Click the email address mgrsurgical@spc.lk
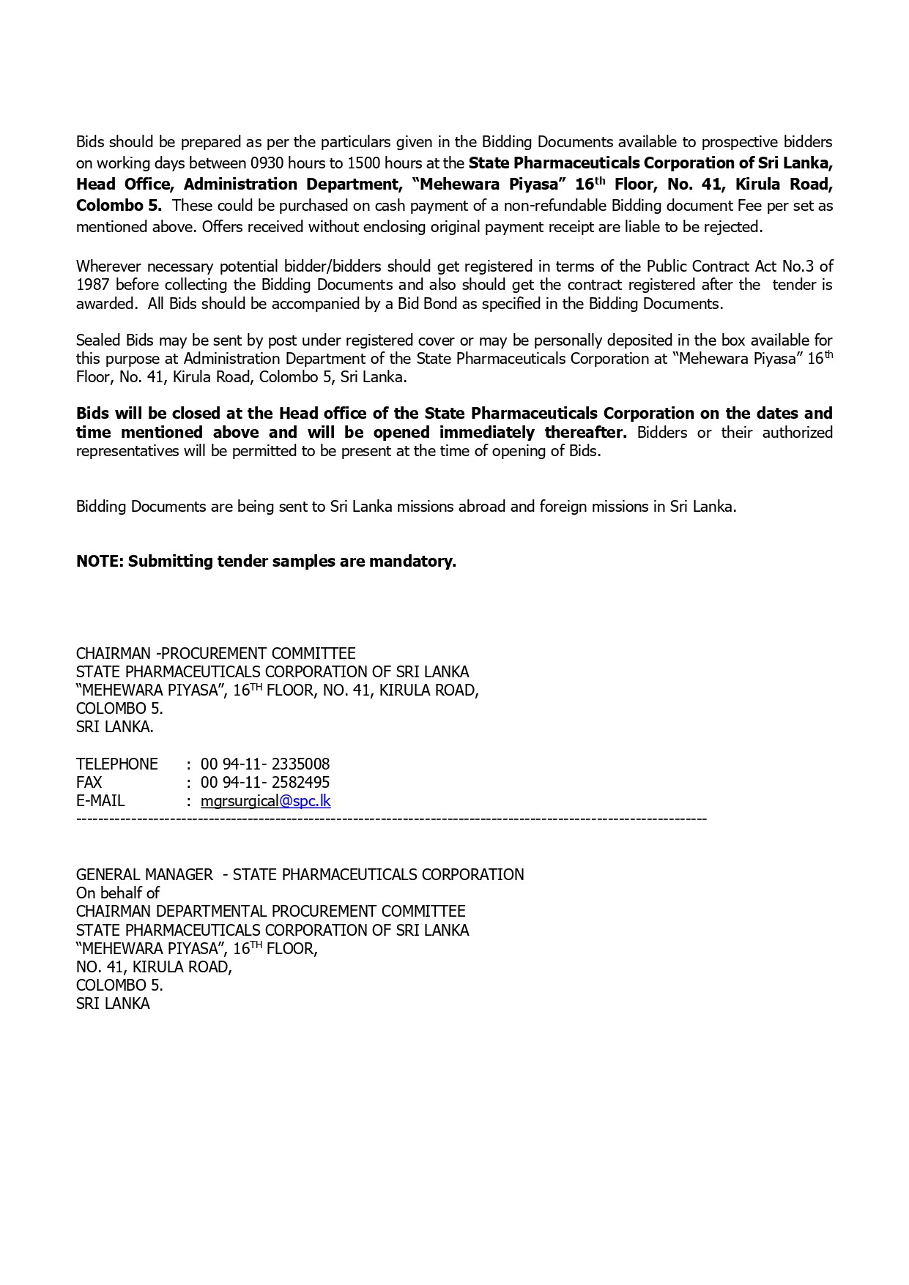point(265,801)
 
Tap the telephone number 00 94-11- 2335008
point(265,764)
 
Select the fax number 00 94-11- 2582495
point(265,783)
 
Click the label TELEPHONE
point(117,764)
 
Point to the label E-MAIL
point(100,801)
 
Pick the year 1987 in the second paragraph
point(92,285)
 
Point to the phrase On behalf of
point(117,893)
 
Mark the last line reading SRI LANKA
point(113,1004)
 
